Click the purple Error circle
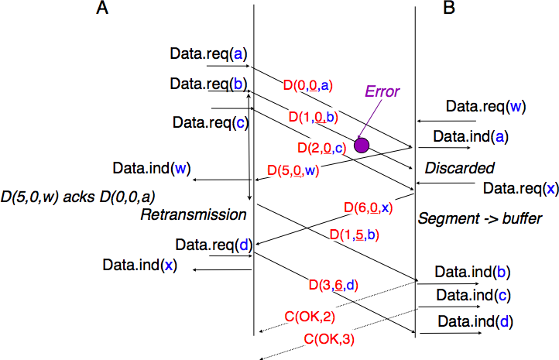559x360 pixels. pyautogui.click(x=362, y=146)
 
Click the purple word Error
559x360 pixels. pyautogui.click(x=382, y=91)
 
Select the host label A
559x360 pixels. pyautogui.click(x=102, y=7)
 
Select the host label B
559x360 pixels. pyautogui.click(x=449, y=7)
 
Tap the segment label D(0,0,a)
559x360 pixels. pyautogui.click(x=308, y=85)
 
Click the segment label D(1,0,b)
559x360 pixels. pyautogui.click(x=314, y=117)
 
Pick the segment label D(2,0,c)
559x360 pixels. pyautogui.click(x=322, y=148)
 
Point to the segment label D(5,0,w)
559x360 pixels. pyautogui.click(x=293, y=170)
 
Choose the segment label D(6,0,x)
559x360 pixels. pyautogui.click(x=369, y=207)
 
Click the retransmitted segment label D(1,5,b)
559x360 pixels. pyautogui.click(x=355, y=235)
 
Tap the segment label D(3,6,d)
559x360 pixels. pyautogui.click(x=334, y=285)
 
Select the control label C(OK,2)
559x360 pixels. pyautogui.click(x=310, y=317)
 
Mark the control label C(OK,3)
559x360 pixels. pyautogui.click(x=329, y=339)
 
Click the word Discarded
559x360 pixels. pyautogui.click(x=460, y=168)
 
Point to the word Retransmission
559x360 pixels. pyautogui.click(x=194, y=214)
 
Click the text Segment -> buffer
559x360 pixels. pyautogui.click(x=480, y=218)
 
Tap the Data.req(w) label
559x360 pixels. pyautogui.click(x=486, y=107)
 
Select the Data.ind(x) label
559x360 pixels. pyautogui.click(x=139, y=266)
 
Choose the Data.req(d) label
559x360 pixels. pyautogui.click(x=214, y=245)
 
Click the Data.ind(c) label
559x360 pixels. pyautogui.click(x=473, y=295)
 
